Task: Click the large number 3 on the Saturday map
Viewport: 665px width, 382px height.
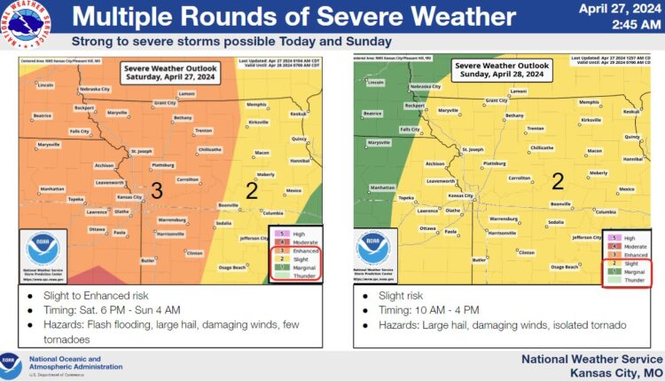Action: point(155,190)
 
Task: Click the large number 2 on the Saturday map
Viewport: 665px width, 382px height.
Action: point(251,190)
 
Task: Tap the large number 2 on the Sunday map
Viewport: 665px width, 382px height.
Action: point(558,182)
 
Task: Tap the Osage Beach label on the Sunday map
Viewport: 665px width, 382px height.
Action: point(567,267)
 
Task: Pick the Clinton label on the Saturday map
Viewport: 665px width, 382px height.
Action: point(194,253)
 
